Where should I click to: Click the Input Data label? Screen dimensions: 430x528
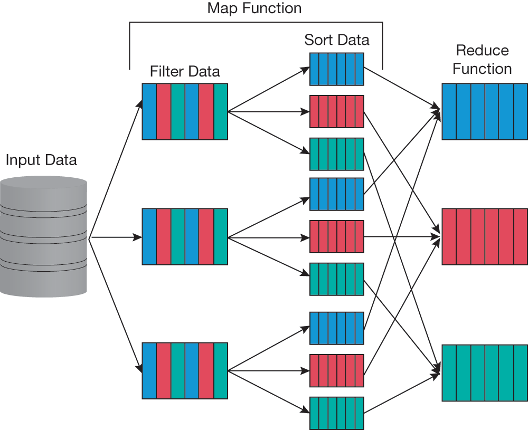(x=41, y=160)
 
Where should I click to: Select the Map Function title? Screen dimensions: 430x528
(x=254, y=8)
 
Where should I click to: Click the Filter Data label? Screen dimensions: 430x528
(x=185, y=71)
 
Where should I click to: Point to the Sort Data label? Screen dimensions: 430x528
(x=337, y=40)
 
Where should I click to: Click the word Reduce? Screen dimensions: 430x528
(x=482, y=51)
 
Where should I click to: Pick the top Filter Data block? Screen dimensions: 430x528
(x=185, y=111)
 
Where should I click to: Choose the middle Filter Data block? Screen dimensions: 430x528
(x=185, y=236)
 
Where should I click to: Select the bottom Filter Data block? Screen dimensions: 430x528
(x=185, y=371)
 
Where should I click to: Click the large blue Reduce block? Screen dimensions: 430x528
(x=484, y=111)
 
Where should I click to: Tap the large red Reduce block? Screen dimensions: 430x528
(x=484, y=236)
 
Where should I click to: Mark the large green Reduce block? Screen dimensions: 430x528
(x=484, y=372)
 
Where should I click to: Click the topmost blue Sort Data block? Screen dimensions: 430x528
(x=337, y=69)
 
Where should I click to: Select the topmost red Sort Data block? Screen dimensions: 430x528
(x=337, y=111)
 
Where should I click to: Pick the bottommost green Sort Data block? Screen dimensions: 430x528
(x=337, y=413)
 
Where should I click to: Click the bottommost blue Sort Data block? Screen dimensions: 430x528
(x=337, y=328)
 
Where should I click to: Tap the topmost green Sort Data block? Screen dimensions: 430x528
(x=337, y=154)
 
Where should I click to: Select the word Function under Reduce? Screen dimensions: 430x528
(x=482, y=69)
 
